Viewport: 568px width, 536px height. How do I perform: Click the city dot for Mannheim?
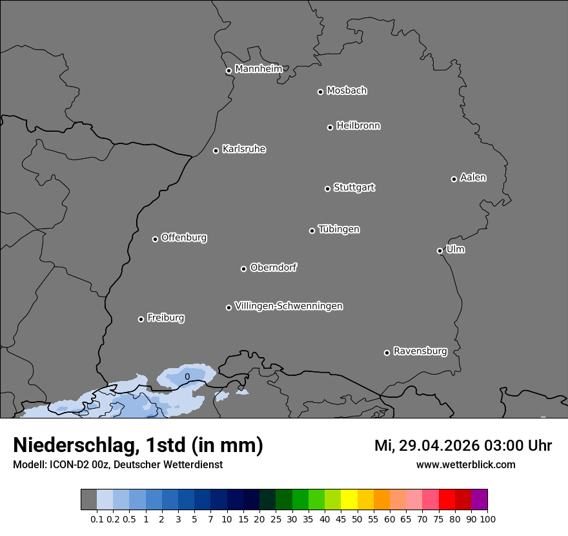point(228,71)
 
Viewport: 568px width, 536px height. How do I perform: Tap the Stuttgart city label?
point(354,187)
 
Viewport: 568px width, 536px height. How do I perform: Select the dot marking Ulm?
point(440,251)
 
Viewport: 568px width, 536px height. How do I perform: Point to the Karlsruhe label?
point(244,149)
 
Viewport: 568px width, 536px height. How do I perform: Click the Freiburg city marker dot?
point(141,319)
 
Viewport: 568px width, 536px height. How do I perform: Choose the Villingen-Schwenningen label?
point(289,306)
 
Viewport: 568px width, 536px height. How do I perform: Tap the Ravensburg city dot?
point(387,353)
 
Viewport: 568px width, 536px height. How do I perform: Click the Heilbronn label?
point(358,125)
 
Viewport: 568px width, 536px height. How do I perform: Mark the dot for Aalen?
point(454,179)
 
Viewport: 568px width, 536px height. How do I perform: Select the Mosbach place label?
point(347,90)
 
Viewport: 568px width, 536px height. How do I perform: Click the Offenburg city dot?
point(155,239)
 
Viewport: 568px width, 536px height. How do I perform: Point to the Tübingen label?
point(339,229)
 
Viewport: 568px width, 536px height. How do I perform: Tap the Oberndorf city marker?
point(243,269)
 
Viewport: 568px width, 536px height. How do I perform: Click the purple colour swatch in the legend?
point(479,500)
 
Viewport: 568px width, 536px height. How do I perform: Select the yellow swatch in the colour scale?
point(349,500)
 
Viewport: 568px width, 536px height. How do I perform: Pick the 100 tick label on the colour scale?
point(487,519)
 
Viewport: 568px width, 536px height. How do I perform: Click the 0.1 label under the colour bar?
point(97,519)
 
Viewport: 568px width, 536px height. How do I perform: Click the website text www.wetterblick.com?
point(466,464)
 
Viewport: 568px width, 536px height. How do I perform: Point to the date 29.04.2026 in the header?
point(440,445)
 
